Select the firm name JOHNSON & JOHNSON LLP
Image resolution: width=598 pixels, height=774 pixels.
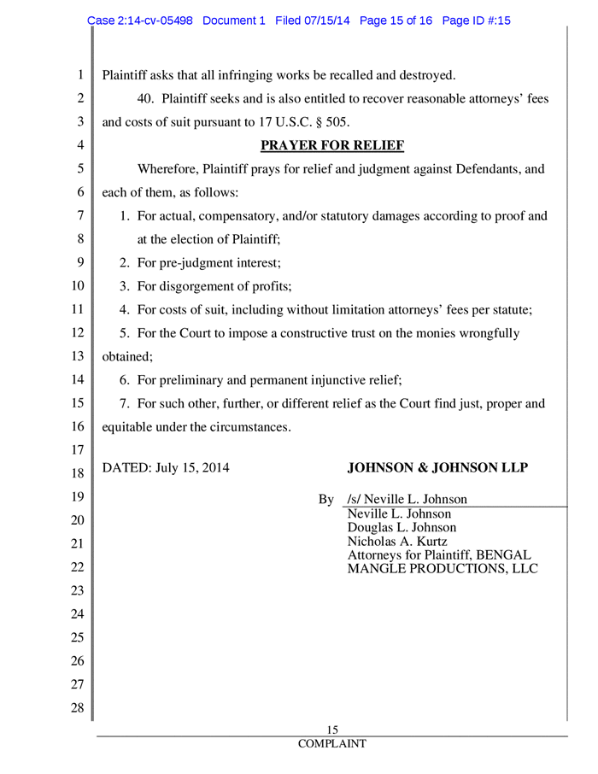tap(438, 467)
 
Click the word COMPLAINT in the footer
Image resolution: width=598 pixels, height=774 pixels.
tap(332, 744)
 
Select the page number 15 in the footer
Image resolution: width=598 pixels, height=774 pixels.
tap(334, 730)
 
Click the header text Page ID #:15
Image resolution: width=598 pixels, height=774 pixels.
tap(472, 21)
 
